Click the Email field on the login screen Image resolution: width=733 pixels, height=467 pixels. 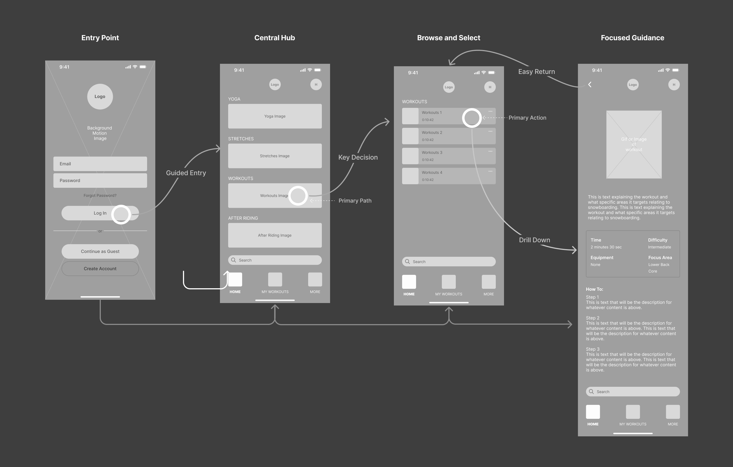click(x=100, y=164)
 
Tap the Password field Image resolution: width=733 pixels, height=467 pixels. click(x=100, y=180)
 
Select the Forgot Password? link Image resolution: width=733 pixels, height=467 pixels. click(x=100, y=195)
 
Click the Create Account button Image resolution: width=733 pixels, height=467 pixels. click(x=100, y=269)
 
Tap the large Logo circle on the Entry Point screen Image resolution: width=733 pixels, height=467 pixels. click(x=100, y=96)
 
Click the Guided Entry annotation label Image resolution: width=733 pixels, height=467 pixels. click(x=186, y=173)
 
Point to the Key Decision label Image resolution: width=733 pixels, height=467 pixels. click(x=358, y=157)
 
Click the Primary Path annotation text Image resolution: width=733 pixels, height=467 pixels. click(x=355, y=200)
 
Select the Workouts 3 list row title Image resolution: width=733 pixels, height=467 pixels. click(x=432, y=152)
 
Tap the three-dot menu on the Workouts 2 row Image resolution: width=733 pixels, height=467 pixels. click(x=490, y=131)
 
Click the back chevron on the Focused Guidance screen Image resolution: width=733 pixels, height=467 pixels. click(x=590, y=85)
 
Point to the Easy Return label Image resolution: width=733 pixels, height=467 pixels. click(x=537, y=71)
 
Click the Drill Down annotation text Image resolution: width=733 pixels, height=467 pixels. click(x=534, y=240)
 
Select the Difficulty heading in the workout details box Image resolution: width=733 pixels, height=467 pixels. click(x=657, y=240)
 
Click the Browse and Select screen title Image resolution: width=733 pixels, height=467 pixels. click(x=448, y=38)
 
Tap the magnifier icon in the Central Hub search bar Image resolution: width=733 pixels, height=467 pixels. click(x=233, y=260)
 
